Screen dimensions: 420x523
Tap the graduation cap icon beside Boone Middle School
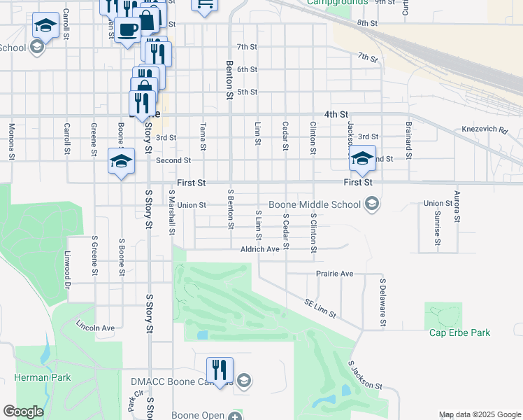click(x=372, y=204)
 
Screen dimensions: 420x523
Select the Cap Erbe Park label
click(x=459, y=332)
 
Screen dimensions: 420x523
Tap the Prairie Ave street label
click(x=334, y=273)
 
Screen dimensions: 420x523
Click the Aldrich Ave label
click(x=259, y=248)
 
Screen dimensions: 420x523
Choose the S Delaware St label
click(x=383, y=302)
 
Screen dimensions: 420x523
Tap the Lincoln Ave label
click(x=95, y=327)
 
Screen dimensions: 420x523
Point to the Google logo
click(x=23, y=412)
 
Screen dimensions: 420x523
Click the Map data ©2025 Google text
click(x=480, y=415)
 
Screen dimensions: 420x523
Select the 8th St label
click(x=367, y=23)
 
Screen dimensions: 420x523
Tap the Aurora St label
click(x=457, y=206)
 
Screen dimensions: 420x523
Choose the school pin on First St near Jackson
click(x=362, y=158)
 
